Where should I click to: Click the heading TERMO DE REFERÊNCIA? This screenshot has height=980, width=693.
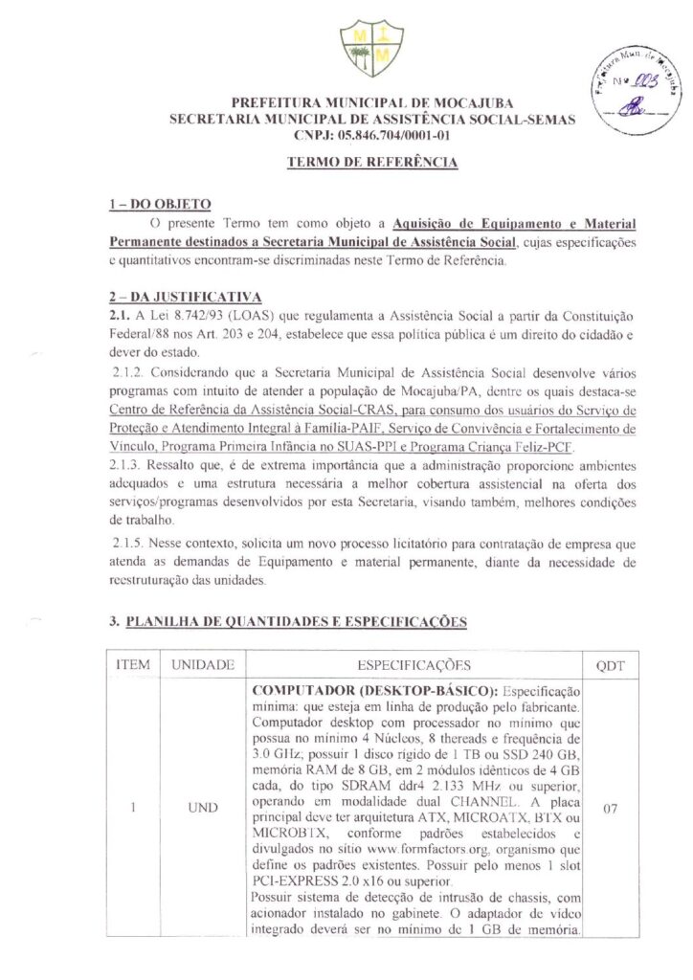click(372, 163)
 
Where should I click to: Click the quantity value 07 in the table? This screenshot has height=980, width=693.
click(610, 809)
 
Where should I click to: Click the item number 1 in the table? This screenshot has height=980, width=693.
click(132, 809)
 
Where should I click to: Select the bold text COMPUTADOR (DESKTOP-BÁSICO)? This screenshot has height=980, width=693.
click(374, 691)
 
